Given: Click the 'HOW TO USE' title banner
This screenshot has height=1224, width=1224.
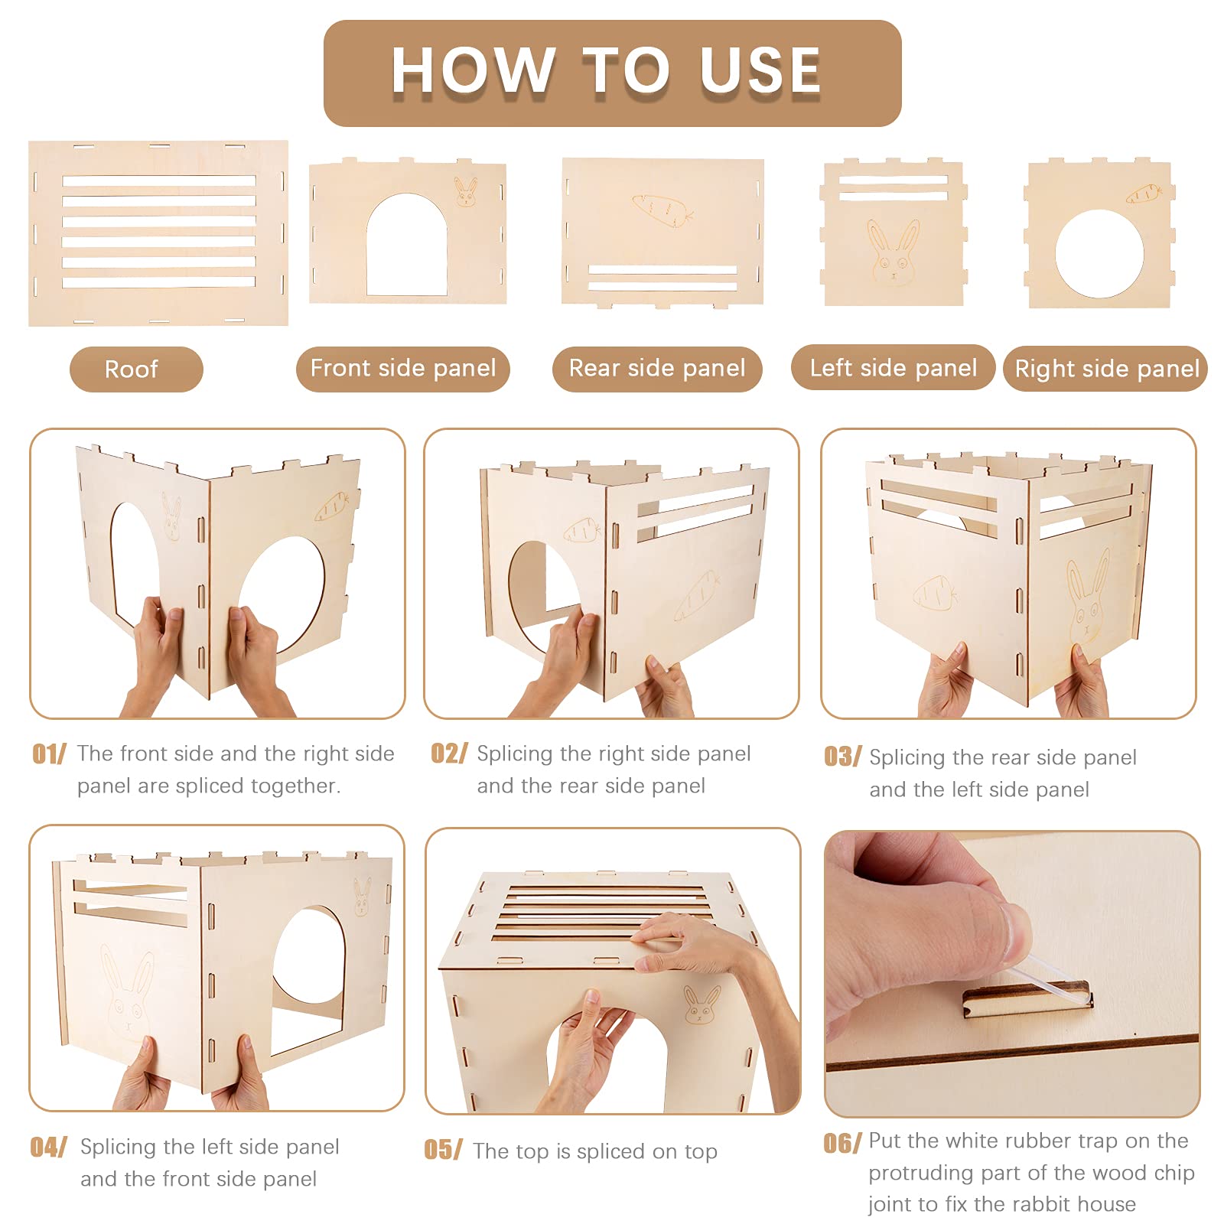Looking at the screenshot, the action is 612,73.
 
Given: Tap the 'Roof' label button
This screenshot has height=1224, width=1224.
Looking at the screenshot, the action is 136,369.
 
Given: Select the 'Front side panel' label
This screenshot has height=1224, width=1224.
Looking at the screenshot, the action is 402,369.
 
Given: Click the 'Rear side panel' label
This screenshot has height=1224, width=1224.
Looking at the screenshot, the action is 657,369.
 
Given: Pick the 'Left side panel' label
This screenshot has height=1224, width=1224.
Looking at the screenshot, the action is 893,368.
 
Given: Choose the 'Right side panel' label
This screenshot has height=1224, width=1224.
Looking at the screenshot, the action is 1105,369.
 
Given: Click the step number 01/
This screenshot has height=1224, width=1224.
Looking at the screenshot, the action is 50,754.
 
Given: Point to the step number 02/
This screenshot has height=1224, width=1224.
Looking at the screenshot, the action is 449,754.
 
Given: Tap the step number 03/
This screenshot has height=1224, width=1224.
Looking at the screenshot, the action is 842,757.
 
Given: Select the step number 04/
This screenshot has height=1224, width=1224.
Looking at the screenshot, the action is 49,1147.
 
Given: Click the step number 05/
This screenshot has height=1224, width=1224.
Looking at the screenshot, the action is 444,1150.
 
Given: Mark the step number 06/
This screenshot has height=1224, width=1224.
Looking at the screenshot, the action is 842,1144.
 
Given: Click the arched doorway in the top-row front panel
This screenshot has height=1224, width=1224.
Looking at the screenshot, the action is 407,245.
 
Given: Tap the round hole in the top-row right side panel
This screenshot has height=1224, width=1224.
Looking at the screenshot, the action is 1099,254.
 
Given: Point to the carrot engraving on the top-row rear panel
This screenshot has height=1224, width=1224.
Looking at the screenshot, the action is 662,207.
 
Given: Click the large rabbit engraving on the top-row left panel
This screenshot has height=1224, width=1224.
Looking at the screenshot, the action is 894,253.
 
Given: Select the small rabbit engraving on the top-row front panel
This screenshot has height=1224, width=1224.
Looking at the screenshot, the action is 466,192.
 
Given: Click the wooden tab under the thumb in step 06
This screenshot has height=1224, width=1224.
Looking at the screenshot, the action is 1027,1001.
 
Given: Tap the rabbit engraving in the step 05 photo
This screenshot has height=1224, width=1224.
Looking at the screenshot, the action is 702,1004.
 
